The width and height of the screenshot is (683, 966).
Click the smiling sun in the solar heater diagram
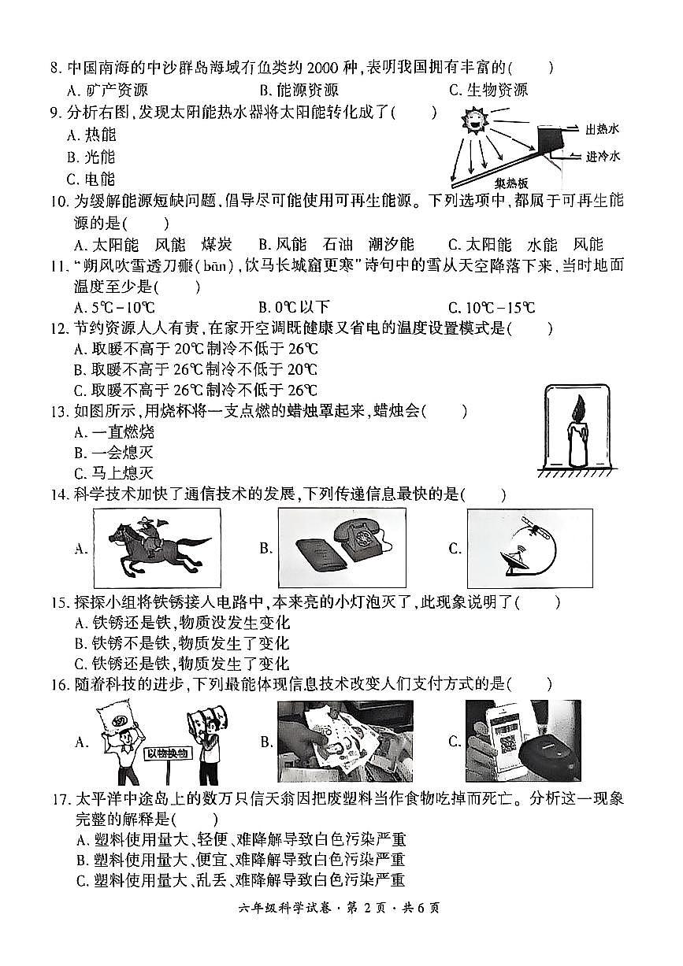click(476, 122)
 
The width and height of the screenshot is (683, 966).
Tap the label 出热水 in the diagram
click(603, 128)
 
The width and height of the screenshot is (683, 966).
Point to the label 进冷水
click(603, 156)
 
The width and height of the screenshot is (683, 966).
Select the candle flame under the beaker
click(577, 409)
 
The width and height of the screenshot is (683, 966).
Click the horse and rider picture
click(155, 548)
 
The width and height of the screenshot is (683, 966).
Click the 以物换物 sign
click(168, 753)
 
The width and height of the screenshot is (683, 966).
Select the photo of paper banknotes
click(345, 741)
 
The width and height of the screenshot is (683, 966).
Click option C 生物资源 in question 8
click(488, 90)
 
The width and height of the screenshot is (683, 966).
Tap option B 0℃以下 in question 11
click(294, 307)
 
